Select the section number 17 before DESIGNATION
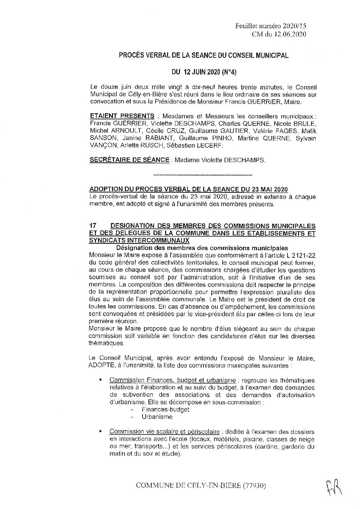(92, 226)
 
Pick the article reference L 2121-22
(301, 255)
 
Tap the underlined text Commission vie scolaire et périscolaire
(164, 432)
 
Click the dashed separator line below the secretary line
(203, 175)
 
